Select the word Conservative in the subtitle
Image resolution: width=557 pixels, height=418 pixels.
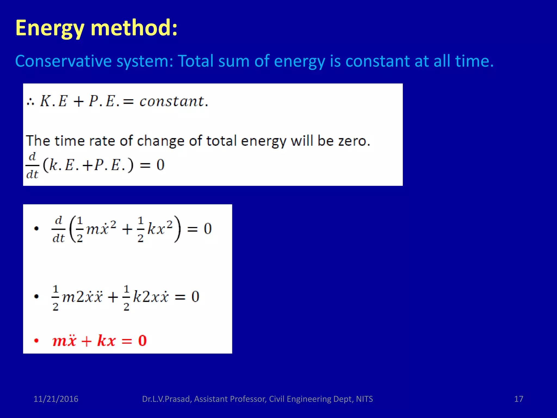63,61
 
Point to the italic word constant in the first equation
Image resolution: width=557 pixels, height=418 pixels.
172,102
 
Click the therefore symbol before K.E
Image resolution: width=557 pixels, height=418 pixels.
30,102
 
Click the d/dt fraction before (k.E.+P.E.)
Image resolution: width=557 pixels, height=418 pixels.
32,165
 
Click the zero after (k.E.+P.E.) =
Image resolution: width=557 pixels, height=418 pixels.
160,165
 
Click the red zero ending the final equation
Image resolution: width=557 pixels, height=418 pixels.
142,340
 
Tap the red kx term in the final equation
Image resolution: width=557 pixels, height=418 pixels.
106,340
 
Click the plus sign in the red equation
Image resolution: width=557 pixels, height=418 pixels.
86,341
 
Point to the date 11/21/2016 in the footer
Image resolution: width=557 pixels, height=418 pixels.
56,399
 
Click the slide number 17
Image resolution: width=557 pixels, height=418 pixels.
519,399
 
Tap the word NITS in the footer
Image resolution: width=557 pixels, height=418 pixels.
364,399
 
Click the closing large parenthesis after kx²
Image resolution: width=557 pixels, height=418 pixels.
177,229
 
